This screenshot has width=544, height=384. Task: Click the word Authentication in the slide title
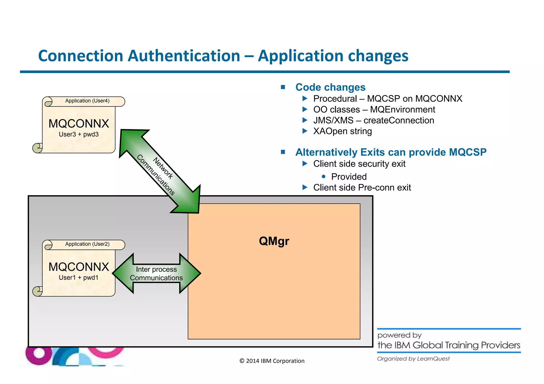[x=184, y=56]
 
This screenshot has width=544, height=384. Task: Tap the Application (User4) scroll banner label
[x=87, y=101]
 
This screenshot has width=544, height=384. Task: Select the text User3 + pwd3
[x=79, y=134]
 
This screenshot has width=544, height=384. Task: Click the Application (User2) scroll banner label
[x=87, y=244]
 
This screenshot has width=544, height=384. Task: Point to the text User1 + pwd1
[x=79, y=278]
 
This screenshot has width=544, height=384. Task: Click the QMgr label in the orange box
[x=274, y=241]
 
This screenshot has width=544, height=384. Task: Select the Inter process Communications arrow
[x=156, y=273]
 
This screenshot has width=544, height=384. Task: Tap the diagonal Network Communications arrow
[x=159, y=171]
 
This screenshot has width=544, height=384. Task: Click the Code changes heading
[x=330, y=87]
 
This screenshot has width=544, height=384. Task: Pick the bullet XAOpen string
[x=342, y=131]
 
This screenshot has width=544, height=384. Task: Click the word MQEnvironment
[x=402, y=109]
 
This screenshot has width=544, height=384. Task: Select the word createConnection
[x=399, y=120]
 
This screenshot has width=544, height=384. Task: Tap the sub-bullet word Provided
[x=349, y=176]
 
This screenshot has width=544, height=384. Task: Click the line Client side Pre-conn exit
[x=362, y=187]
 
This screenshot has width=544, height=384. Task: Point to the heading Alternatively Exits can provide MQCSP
[x=391, y=152]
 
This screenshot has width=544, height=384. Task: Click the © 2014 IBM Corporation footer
[x=272, y=361]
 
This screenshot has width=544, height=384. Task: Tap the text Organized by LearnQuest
[x=413, y=359]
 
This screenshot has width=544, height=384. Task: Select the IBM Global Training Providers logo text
[x=449, y=345]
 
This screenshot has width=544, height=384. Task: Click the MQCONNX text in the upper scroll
[x=79, y=123]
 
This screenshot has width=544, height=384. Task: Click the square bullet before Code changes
[x=283, y=87]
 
